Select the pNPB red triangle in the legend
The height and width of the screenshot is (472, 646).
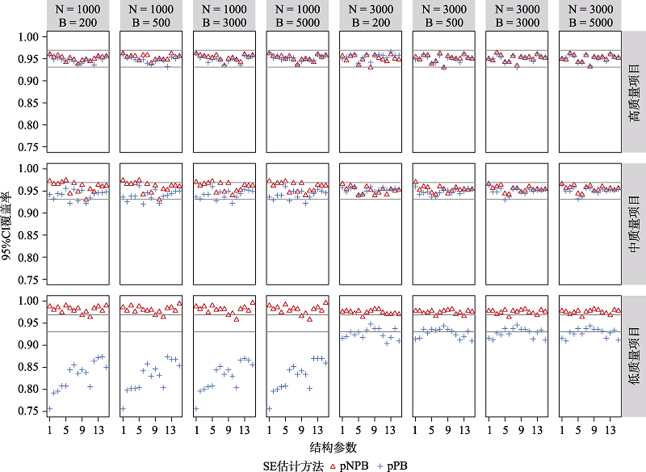pyautogui.click(x=334, y=466)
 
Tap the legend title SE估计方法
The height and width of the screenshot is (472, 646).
pyautogui.click(x=292, y=466)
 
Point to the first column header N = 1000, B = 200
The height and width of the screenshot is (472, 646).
pyautogui.click(x=76, y=16)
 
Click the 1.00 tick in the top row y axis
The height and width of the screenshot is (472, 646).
pyautogui.click(x=29, y=37)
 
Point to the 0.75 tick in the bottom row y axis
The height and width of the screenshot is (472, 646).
pyautogui.click(x=29, y=411)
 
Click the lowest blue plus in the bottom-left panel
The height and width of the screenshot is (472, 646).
pyautogui.click(x=49, y=409)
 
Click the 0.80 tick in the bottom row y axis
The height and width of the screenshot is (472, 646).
pyautogui.click(x=29, y=389)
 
